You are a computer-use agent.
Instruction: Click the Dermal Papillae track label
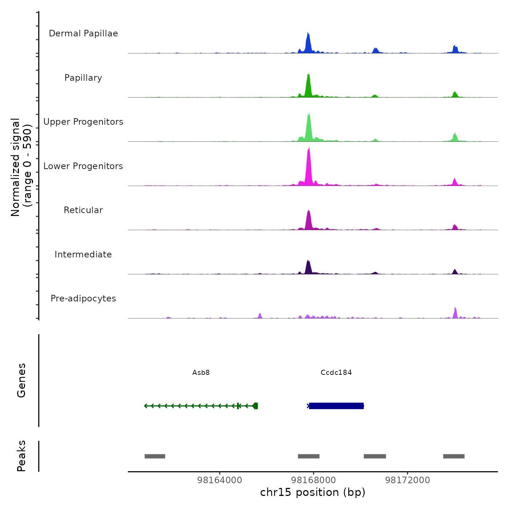pos(83,33)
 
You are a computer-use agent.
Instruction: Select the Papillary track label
pos(83,78)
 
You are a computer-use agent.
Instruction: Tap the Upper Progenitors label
pos(83,122)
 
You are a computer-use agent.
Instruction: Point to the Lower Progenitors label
pos(83,166)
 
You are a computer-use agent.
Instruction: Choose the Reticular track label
pos(83,210)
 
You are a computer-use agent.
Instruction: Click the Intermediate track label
pos(83,254)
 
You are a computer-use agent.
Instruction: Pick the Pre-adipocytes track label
pos(83,298)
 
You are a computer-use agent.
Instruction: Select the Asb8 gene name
pos(201,372)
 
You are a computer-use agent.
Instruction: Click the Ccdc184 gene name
pos(336,372)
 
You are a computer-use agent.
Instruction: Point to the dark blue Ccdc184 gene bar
pos(336,406)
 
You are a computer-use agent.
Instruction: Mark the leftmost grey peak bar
pos(155,456)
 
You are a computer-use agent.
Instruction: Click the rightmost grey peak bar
pos(454,456)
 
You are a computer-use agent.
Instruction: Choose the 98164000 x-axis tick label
pos(220,480)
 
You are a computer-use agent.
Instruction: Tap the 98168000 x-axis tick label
pos(313,480)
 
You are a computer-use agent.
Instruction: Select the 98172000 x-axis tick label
pos(408,480)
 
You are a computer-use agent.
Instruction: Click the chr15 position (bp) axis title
pos(313,492)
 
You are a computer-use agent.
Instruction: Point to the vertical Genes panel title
pos(21,380)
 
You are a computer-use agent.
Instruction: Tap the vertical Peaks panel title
pos(21,456)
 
